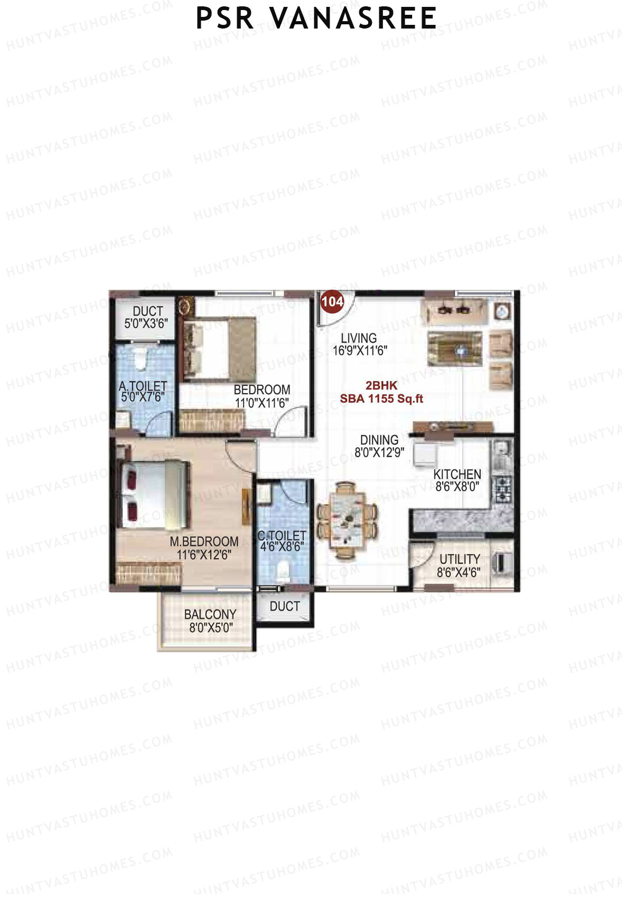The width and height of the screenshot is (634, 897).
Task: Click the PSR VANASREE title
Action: coord(316,19)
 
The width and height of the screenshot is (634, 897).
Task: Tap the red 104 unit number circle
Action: coord(332,302)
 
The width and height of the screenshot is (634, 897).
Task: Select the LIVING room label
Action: coord(359,338)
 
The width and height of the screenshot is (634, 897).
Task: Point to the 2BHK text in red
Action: coord(381,386)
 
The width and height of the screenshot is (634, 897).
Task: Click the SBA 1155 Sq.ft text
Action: coord(381,399)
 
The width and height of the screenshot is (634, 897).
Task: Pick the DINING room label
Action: coord(379,440)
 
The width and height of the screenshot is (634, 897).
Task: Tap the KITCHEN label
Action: coord(457,474)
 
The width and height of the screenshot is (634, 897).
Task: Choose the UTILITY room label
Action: coord(460,559)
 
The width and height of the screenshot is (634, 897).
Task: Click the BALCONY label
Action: coord(210,614)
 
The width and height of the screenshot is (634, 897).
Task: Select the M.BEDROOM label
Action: coord(204,542)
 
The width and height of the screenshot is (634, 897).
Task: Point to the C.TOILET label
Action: coord(282,536)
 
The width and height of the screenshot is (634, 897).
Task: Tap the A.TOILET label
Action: coord(143,386)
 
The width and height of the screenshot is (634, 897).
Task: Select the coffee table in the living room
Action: coord(455,348)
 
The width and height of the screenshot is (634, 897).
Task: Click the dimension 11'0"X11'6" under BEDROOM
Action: coord(262,403)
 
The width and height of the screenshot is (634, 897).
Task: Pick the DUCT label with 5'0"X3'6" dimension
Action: coord(147,311)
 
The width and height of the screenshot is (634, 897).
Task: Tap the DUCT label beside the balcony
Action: coord(284,606)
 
